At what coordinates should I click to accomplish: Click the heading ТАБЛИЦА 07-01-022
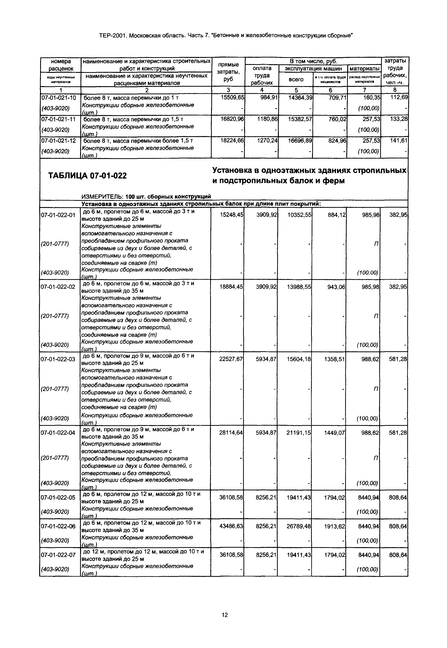click(x=87, y=176)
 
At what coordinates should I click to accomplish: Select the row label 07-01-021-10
click(x=59, y=98)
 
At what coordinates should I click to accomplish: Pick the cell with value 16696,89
click(x=300, y=140)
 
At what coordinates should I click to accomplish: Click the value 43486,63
click(x=231, y=526)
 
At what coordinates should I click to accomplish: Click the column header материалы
click(x=364, y=68)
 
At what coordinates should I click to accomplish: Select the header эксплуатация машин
click(x=313, y=68)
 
